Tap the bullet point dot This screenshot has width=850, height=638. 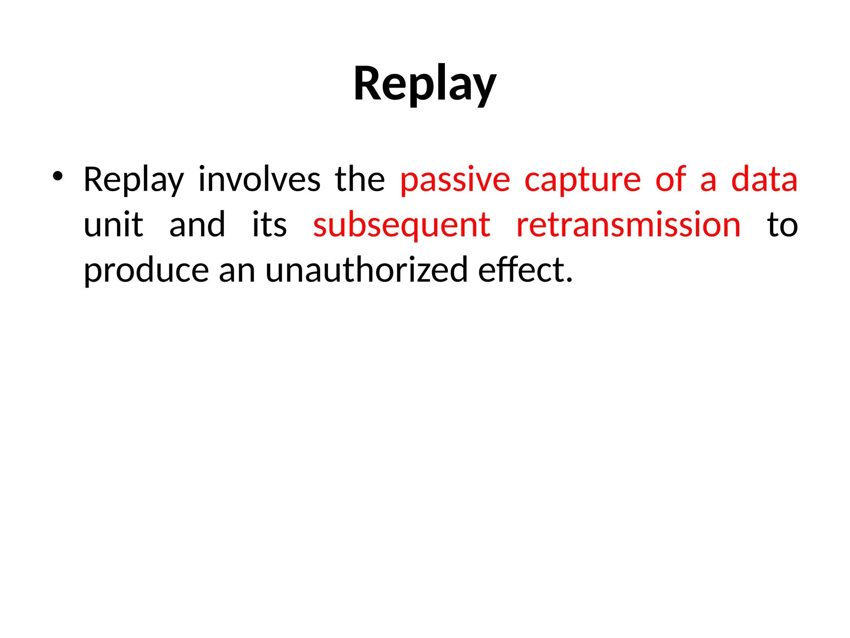click(57, 177)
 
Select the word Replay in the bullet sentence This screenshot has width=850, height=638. click(134, 180)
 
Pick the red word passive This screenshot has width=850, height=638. click(455, 180)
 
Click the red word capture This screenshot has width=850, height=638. click(583, 180)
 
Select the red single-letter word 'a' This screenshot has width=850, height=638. click(708, 180)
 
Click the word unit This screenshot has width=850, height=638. click(113, 225)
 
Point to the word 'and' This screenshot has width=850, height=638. click(197, 225)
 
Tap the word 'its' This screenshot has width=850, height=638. click(269, 225)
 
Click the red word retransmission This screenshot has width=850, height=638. click(628, 225)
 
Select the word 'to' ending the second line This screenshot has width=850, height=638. click(782, 225)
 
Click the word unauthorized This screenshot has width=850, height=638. click(366, 270)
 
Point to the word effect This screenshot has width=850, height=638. click(525, 270)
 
